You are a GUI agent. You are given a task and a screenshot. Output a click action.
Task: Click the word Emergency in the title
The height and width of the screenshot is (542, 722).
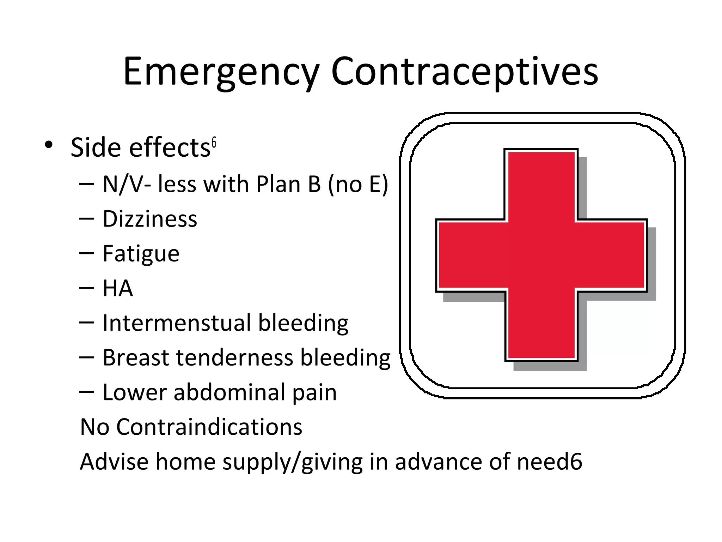[221, 72]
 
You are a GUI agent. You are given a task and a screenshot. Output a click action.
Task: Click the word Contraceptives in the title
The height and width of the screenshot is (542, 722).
[464, 72]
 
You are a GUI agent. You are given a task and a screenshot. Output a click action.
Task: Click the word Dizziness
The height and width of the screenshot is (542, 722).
[150, 219]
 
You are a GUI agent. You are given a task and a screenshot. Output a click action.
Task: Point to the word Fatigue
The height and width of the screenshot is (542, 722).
[141, 254]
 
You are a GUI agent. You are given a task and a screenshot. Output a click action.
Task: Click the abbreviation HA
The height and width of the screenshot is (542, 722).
[118, 288]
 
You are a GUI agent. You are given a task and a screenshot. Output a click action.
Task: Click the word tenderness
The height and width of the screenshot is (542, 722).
[234, 357]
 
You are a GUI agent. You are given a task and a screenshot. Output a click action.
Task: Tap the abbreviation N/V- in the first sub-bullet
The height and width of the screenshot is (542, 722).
[127, 185]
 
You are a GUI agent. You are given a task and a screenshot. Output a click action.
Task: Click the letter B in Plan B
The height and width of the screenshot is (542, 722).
[314, 185]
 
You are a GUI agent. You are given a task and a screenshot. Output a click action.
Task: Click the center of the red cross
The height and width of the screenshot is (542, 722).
[541, 255]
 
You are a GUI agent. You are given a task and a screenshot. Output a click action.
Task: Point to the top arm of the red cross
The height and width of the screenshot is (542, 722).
[541, 185]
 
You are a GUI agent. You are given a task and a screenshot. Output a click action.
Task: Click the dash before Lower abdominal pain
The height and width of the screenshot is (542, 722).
[87, 392]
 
